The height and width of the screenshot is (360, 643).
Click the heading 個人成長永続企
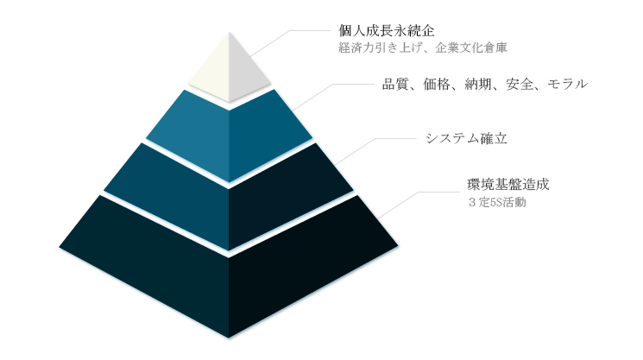click(387, 31)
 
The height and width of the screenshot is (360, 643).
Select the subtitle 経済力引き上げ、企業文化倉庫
click(423, 47)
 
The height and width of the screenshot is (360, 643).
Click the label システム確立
click(466, 138)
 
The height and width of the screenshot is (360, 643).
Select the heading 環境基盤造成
click(508, 185)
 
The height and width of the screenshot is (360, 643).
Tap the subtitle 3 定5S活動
click(497, 202)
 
